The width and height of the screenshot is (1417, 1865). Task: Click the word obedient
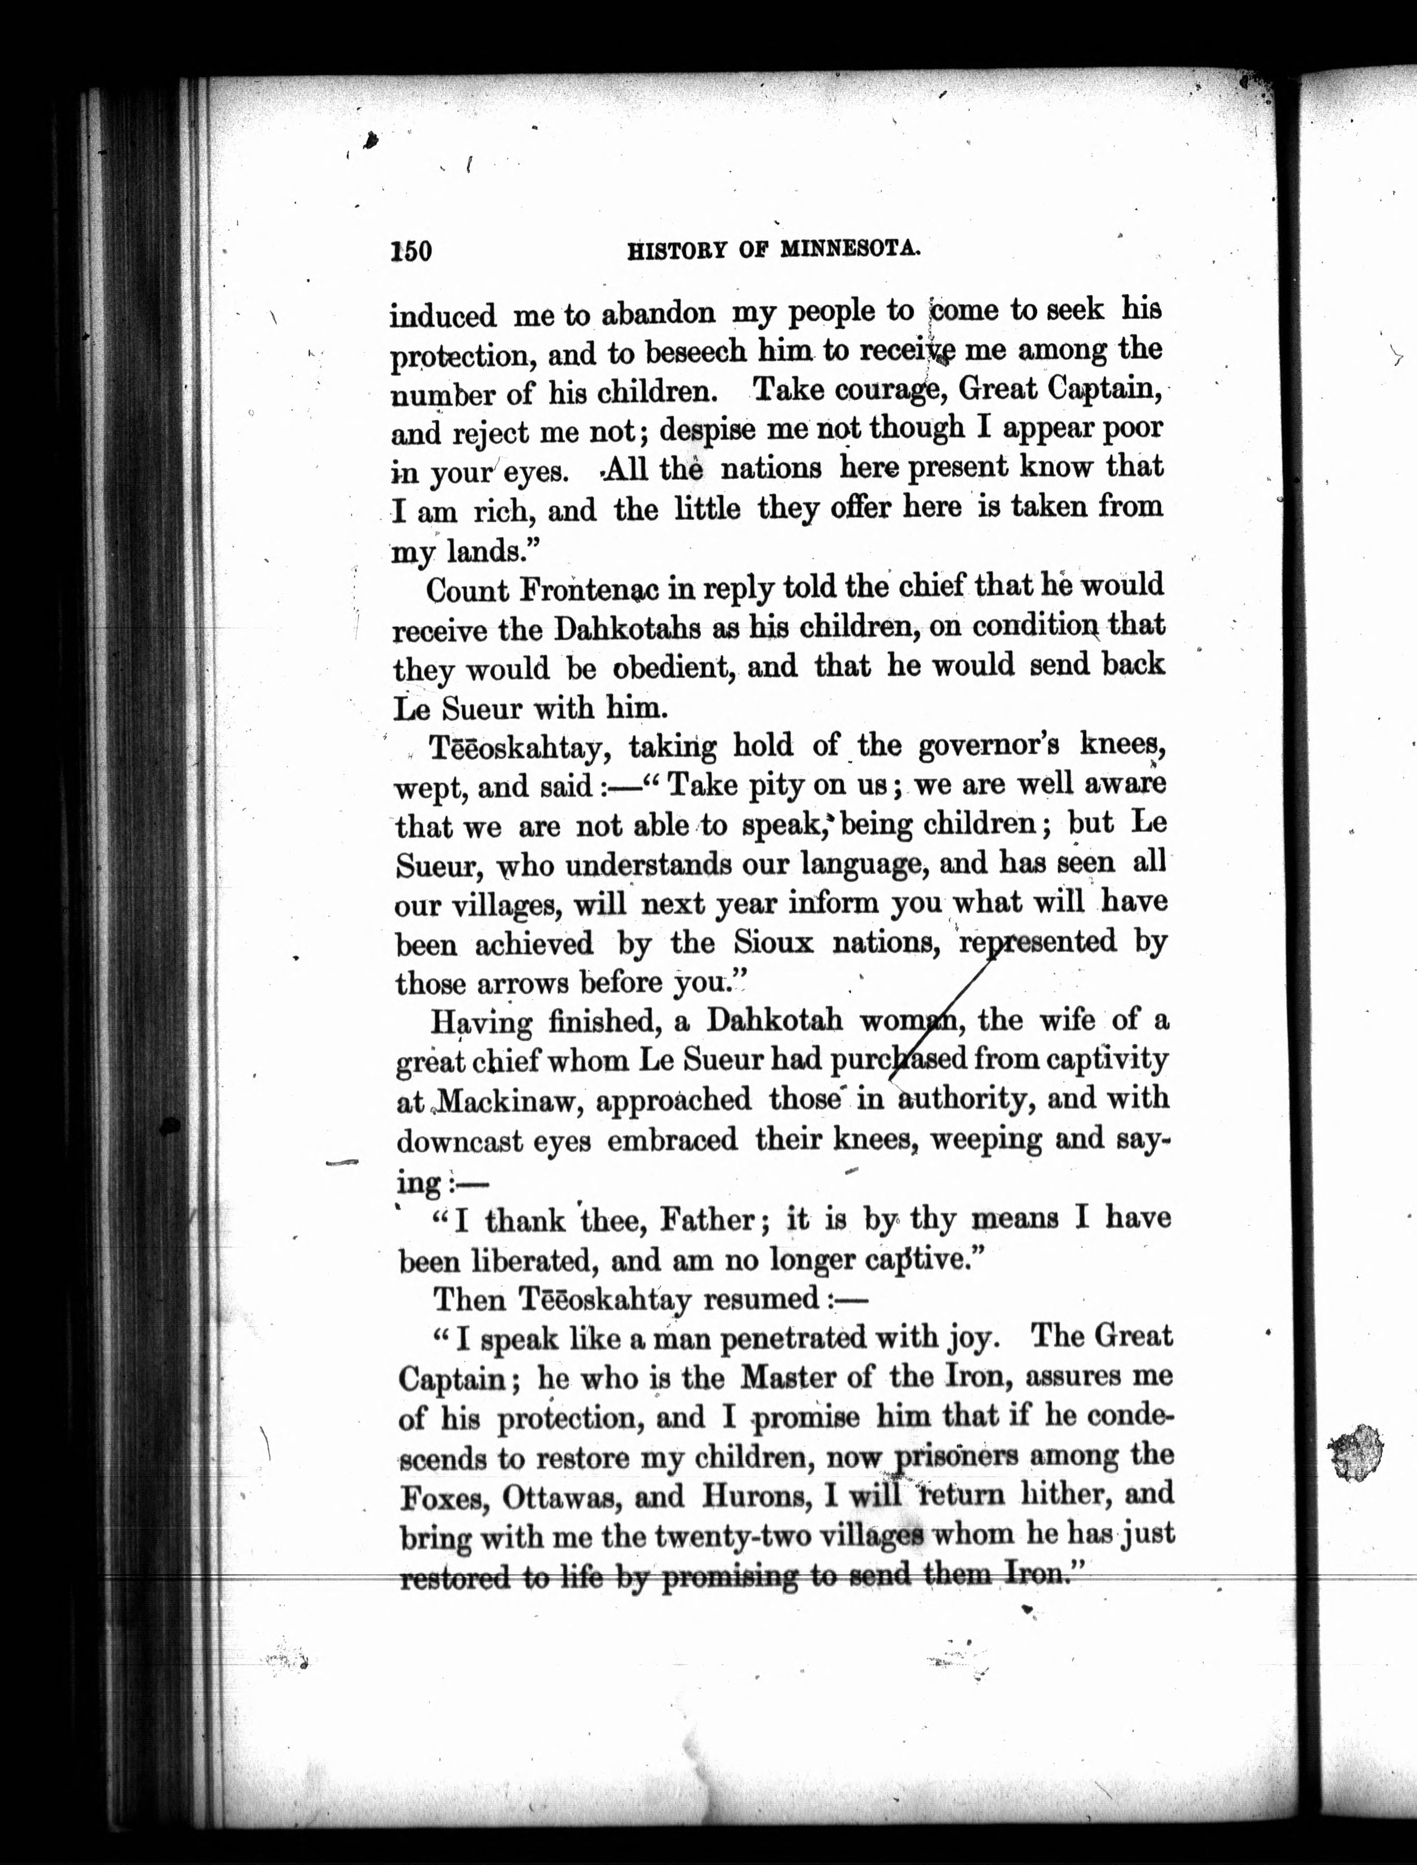tap(671, 668)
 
